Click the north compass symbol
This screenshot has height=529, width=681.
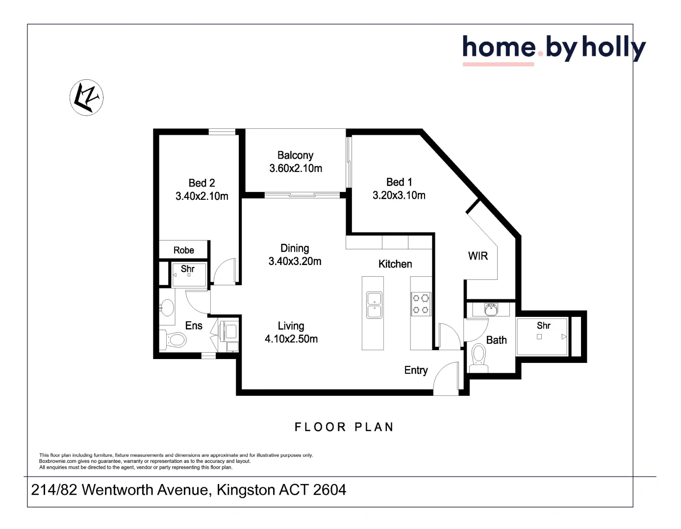tap(87, 97)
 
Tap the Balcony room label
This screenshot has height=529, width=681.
tap(295, 155)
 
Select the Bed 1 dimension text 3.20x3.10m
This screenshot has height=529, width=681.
tap(399, 195)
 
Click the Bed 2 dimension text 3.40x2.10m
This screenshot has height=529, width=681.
tap(202, 196)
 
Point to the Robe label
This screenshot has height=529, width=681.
tap(184, 250)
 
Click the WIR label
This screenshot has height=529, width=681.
tap(478, 256)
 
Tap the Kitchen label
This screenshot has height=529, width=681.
tap(395, 264)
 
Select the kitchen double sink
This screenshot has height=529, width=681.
tap(374, 305)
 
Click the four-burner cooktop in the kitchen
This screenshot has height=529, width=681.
tap(421, 304)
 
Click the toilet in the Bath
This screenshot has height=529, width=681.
tap(478, 358)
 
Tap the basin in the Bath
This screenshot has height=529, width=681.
tap(491, 309)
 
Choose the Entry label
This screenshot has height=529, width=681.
tap(416, 370)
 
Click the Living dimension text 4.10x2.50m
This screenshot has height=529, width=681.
tap(291, 339)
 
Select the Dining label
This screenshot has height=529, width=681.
tap(295, 248)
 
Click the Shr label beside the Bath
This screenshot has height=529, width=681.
tap(543, 326)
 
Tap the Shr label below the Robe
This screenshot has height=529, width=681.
tap(188, 269)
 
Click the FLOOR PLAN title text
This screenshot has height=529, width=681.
tap(344, 427)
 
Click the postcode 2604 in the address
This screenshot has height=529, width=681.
tap(329, 490)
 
